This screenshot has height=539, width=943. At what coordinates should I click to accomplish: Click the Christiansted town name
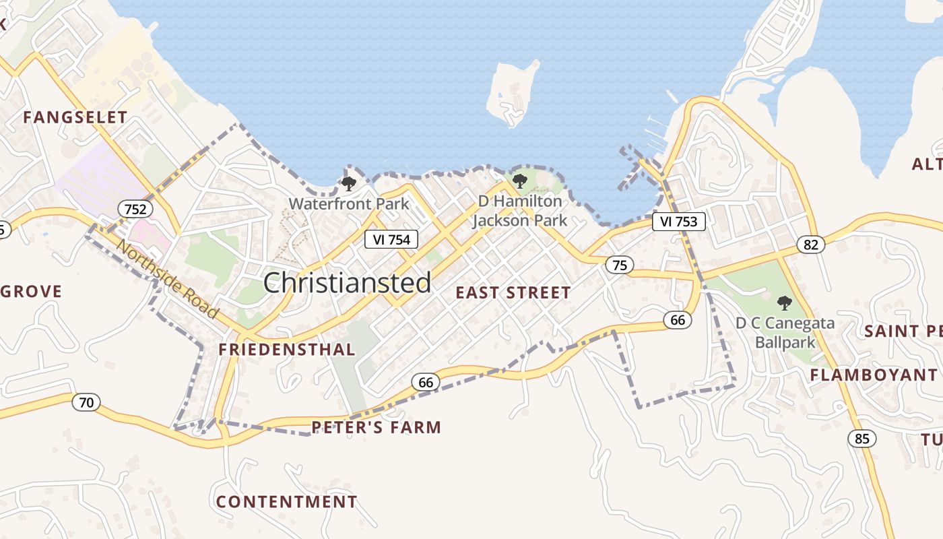pyautogui.click(x=347, y=283)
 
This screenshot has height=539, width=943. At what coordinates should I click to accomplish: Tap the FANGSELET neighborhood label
pyautogui.click(x=75, y=117)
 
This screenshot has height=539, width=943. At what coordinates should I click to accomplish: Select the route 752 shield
pyautogui.click(x=135, y=209)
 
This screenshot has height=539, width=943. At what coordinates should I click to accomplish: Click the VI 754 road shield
pyautogui.click(x=391, y=239)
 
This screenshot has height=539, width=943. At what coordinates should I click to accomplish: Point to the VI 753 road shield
pyautogui.click(x=678, y=222)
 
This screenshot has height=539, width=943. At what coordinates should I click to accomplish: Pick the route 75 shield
pyautogui.click(x=619, y=265)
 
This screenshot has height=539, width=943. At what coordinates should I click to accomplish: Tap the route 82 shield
pyautogui.click(x=810, y=244)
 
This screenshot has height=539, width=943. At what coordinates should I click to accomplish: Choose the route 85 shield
pyautogui.click(x=861, y=439)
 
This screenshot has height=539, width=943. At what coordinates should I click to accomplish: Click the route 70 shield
pyautogui.click(x=86, y=403)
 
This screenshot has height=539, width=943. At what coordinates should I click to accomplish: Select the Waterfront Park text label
pyautogui.click(x=349, y=203)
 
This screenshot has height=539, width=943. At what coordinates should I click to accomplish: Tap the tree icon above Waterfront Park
pyautogui.click(x=348, y=183)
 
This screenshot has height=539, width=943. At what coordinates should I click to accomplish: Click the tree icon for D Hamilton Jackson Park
pyautogui.click(x=519, y=181)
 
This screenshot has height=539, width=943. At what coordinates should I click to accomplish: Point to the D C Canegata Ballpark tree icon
pyautogui.click(x=784, y=303)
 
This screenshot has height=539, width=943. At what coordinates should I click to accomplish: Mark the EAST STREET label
pyautogui.click(x=513, y=292)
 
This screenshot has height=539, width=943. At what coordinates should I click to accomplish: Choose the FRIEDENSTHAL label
pyautogui.click(x=287, y=349)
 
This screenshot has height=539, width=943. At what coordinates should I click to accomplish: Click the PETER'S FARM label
pyautogui.click(x=376, y=427)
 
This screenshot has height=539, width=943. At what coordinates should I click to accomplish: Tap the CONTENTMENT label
pyautogui.click(x=286, y=502)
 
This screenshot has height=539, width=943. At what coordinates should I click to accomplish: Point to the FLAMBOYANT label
pyautogui.click(x=873, y=375)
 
